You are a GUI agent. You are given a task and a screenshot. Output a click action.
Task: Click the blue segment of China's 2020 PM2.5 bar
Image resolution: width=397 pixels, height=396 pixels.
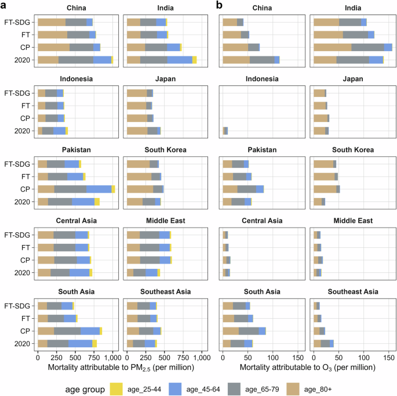(102, 60)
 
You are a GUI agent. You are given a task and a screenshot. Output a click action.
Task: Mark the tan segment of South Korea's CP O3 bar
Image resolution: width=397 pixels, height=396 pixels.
(325, 189)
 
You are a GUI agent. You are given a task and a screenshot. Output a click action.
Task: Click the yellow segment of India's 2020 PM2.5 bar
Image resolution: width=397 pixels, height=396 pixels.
(194, 60)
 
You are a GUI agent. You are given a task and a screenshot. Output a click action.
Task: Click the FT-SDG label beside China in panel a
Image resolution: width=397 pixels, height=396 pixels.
(20, 22)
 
